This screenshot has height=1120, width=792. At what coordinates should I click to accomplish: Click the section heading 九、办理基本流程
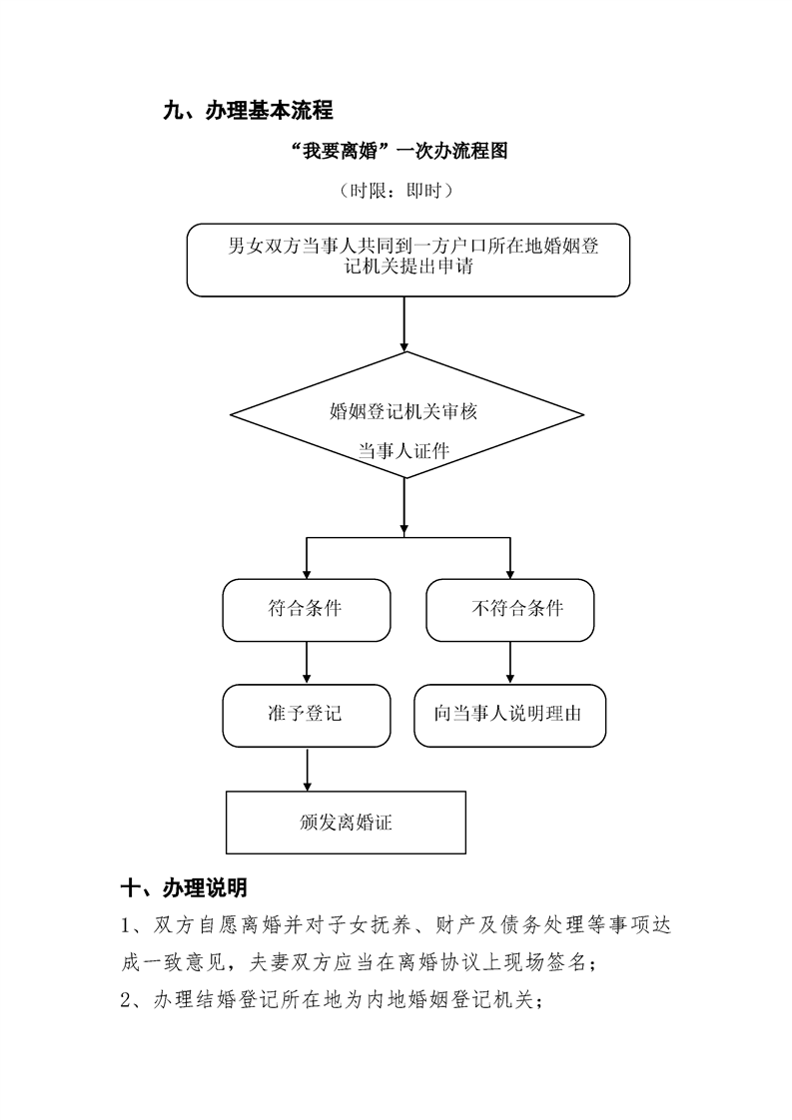coord(248,111)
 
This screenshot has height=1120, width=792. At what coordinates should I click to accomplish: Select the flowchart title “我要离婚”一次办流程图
coord(400,151)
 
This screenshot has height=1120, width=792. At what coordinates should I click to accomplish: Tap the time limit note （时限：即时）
coord(396,191)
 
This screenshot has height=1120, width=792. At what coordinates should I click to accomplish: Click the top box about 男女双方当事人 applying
coord(408,260)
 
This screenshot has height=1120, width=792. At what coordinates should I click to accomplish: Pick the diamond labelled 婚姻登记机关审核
coord(406,415)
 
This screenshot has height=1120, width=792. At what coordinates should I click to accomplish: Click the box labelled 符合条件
coord(307,610)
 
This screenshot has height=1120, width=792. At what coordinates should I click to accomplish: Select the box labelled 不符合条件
coord(510,610)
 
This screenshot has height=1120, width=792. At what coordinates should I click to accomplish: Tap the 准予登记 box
coord(307,716)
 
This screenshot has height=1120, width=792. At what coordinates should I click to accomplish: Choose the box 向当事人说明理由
coord(510,716)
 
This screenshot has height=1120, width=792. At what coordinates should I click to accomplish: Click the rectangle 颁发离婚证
coord(346,823)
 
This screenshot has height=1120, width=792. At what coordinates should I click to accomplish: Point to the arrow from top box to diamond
coord(404,324)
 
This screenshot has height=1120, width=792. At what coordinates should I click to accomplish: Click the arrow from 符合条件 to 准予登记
coord(308,663)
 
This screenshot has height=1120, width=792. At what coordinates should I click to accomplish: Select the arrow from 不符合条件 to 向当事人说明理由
coord(510,663)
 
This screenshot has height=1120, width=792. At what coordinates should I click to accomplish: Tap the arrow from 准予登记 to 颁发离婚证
coord(308,770)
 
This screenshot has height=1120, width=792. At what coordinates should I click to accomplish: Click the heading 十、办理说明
coord(184,887)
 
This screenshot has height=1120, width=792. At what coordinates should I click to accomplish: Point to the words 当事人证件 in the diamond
coord(403,451)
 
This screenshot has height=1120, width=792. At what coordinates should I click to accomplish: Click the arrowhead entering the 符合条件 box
coord(308,574)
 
